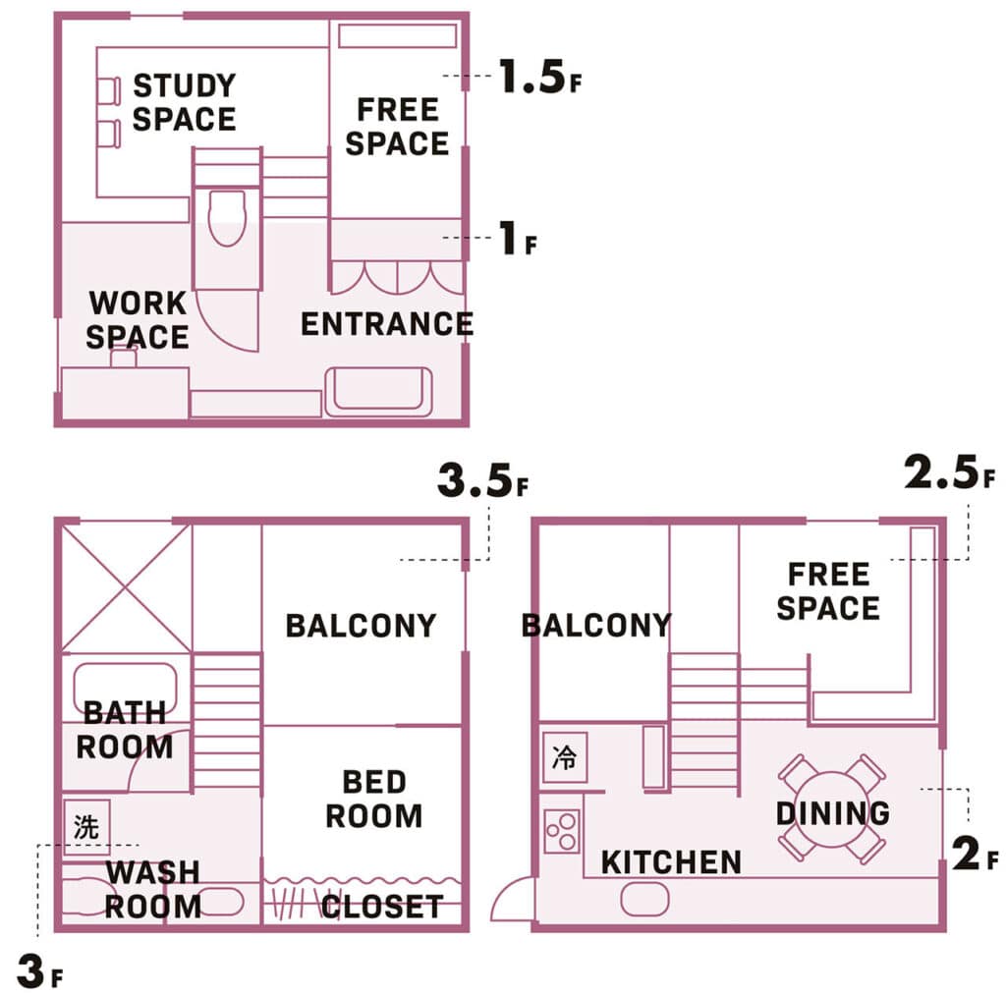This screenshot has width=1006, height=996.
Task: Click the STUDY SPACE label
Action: (x=184, y=102)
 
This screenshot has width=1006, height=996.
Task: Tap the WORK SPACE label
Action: (x=138, y=320)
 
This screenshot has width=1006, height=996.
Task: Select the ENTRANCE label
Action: (x=386, y=323)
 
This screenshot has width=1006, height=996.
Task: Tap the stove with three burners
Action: (x=562, y=831)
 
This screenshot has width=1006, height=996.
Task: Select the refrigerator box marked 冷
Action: (x=565, y=757)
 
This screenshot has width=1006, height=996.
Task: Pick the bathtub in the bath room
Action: (x=125, y=688)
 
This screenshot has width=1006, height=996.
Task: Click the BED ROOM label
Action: (x=373, y=799)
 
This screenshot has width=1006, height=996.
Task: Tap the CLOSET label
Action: (x=382, y=907)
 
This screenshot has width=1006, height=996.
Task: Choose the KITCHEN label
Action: (x=671, y=862)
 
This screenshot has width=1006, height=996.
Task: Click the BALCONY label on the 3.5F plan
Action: (x=361, y=626)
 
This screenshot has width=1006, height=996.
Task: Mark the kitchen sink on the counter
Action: (x=643, y=897)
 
